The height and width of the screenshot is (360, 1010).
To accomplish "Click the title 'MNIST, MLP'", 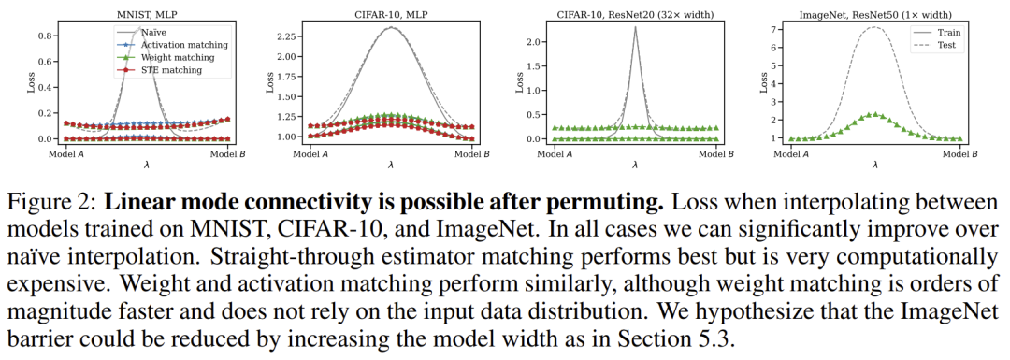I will (141, 11).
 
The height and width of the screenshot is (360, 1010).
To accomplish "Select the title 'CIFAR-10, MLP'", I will (388, 11).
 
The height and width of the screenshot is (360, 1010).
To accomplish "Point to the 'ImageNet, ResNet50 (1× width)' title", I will (875, 11).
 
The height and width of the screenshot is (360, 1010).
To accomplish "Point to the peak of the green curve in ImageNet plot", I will (874, 113).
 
